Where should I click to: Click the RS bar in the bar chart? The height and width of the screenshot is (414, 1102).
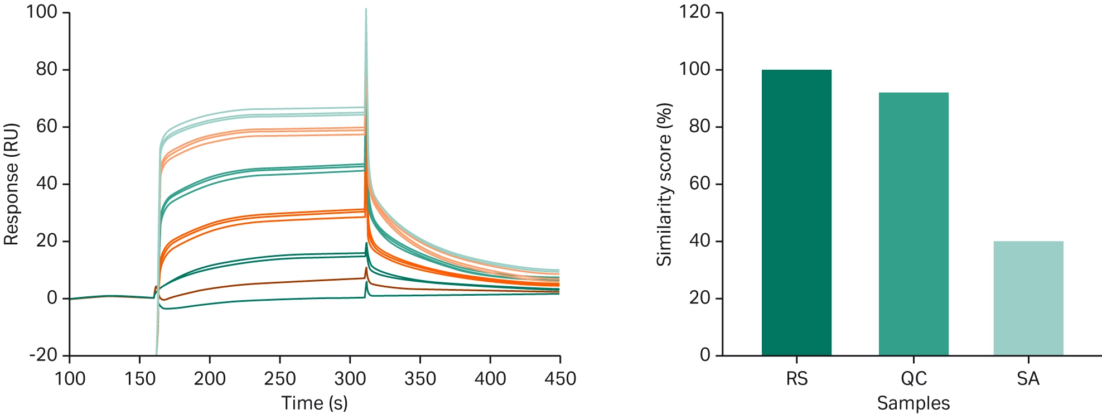click(796, 212)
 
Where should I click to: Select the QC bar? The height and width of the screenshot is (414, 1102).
click(913, 223)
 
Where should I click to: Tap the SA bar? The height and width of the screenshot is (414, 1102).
click(1028, 298)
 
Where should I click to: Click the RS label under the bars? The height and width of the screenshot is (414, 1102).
click(796, 379)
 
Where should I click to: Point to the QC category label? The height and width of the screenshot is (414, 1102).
click(913, 379)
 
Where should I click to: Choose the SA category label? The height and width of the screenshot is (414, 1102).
click(1028, 379)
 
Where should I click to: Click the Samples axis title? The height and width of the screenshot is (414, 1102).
click(913, 403)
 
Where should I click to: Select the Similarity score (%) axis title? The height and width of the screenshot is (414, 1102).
click(664, 184)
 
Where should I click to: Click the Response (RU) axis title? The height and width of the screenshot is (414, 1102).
click(11, 184)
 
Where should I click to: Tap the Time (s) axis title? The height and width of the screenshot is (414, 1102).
click(314, 403)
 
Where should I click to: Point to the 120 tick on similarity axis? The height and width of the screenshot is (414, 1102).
click(694, 12)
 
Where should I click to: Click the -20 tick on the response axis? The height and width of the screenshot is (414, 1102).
click(43, 355)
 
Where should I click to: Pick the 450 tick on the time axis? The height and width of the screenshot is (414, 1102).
click(560, 379)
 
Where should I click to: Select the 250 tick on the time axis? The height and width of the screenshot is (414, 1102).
click(279, 379)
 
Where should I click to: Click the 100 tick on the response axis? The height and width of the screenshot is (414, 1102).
click(42, 12)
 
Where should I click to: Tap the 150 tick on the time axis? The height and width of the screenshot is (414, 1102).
click(139, 379)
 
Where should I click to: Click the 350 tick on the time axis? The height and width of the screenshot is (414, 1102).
click(420, 379)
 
